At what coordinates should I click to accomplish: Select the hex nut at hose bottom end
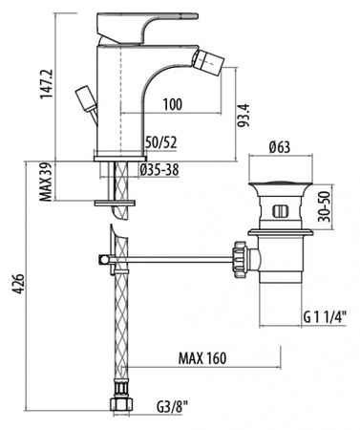pyautogui.click(x=120, y=405)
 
